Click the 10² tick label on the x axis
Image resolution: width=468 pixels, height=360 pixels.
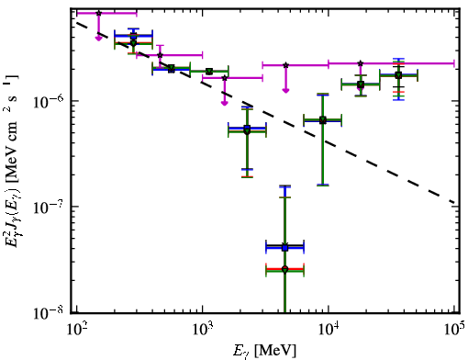76,330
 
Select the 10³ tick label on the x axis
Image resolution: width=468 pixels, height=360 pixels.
202,330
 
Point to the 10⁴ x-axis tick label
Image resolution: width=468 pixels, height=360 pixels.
329,330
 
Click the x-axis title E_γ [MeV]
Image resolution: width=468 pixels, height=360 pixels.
264,350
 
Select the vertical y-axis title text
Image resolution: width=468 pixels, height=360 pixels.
13,161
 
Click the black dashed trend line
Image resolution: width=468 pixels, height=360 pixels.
265,112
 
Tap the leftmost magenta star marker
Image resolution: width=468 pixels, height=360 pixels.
98,13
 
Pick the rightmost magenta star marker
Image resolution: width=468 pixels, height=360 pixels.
361,63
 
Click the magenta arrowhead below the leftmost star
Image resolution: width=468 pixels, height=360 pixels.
98,39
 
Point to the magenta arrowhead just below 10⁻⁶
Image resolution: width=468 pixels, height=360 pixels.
225,103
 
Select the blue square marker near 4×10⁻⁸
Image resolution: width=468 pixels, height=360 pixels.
284,248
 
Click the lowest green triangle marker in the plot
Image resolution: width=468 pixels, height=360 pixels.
284,270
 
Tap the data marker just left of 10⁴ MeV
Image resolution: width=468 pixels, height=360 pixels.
322,120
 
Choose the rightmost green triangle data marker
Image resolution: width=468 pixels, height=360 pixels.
398,75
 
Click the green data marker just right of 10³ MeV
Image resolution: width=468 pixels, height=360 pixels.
209,72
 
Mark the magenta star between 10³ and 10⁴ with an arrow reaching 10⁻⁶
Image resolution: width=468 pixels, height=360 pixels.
225,78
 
